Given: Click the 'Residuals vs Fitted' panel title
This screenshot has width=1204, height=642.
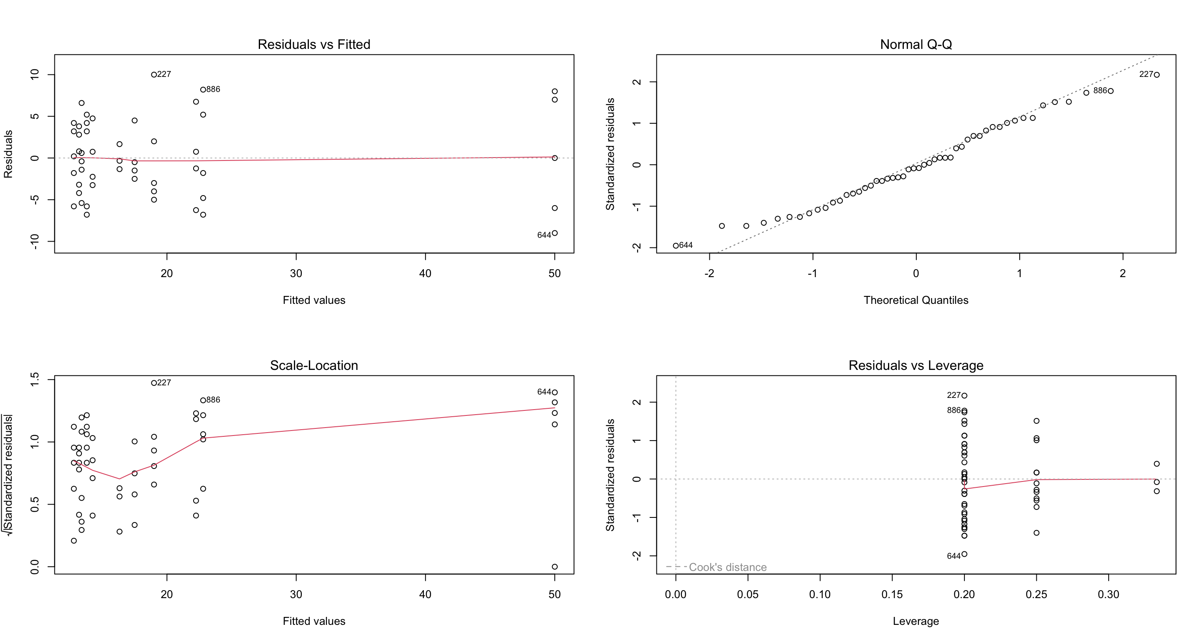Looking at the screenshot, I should coord(314,44).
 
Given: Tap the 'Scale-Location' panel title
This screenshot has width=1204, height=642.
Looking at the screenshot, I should coord(314,365).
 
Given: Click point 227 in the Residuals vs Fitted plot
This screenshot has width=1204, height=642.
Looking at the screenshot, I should coord(154,75).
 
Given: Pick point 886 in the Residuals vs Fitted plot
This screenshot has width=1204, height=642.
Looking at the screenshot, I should coord(203,90).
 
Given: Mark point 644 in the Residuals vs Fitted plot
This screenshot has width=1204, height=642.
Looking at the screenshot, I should coord(554,233).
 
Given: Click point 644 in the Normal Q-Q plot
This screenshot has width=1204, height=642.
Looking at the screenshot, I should coord(676,246).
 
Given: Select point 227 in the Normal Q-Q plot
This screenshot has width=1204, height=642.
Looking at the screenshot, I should coord(1156,75).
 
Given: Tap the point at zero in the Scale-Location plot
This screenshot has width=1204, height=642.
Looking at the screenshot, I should coord(554,567).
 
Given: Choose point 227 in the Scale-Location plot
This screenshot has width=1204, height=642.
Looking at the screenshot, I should coord(154,383).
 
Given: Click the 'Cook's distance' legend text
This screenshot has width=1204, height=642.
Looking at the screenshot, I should coord(727,567).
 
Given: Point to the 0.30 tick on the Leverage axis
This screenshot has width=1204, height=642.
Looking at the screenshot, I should coord(1108,594).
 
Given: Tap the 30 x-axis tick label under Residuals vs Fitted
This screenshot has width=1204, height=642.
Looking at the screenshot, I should coord(296,273).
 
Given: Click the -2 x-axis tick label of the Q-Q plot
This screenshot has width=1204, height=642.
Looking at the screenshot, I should coord(709,273).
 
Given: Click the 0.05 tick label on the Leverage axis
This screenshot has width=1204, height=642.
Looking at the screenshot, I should coord(747,594).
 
